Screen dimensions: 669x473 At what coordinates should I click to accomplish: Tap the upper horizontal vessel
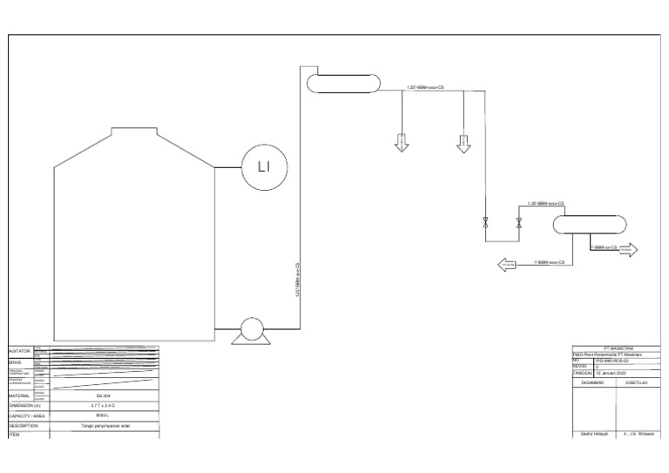pos(344,83)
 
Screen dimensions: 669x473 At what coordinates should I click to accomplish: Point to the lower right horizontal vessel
pos(589,225)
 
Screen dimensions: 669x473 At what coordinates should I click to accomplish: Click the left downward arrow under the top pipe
pos(402,143)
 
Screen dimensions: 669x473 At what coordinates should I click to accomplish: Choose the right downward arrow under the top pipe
pos(463,143)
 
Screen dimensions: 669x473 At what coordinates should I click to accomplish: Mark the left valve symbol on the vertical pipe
pos(486,222)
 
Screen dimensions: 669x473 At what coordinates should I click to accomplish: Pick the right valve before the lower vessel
pos(519,222)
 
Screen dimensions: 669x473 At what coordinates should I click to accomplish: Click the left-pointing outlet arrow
pos(508,263)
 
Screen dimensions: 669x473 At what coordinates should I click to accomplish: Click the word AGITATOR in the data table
pos(20,349)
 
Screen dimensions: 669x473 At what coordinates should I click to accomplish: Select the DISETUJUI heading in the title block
pos(637,382)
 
